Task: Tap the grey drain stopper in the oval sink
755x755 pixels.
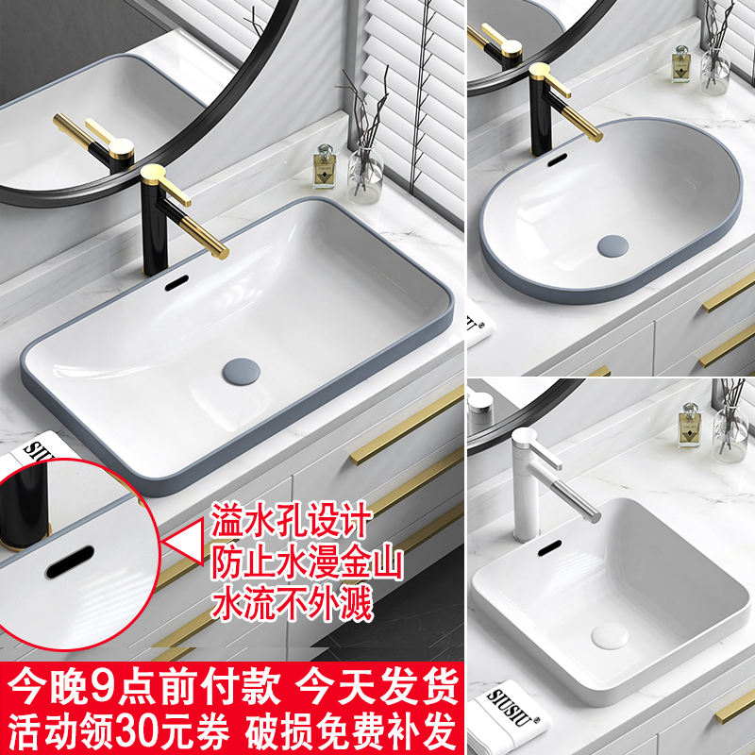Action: (x=612, y=245)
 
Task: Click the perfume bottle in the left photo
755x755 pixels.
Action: (x=326, y=169)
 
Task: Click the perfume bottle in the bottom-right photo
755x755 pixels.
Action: (x=690, y=427)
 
